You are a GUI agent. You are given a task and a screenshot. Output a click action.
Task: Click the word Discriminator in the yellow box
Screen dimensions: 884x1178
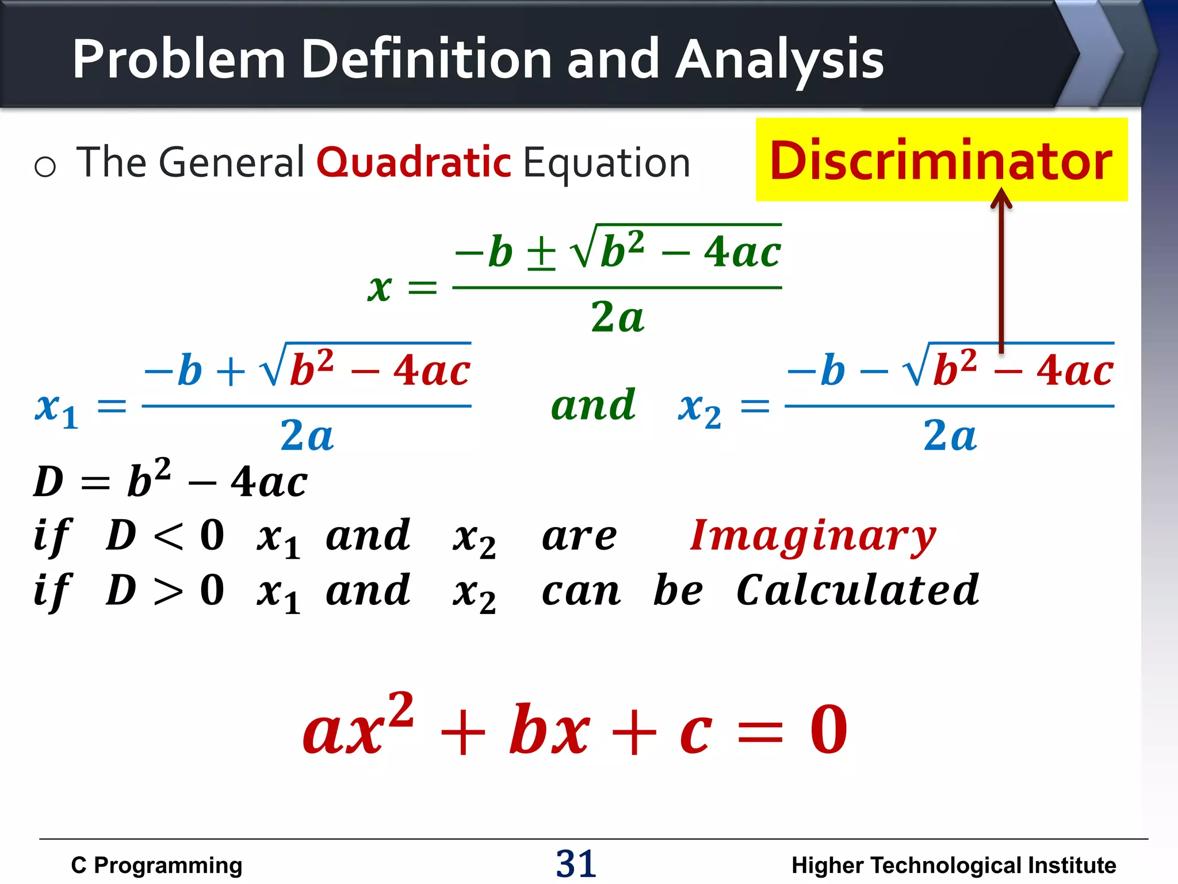pyautogui.click(x=941, y=161)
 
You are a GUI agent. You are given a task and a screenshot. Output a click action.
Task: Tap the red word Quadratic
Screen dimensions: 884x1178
pyautogui.click(x=414, y=163)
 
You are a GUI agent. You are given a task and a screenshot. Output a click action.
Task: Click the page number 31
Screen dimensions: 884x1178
pyautogui.click(x=576, y=863)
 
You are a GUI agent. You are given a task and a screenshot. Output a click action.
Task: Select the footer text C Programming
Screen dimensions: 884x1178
pyautogui.click(x=156, y=865)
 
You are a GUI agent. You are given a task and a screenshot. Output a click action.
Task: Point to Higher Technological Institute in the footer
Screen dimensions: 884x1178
pyautogui.click(x=953, y=865)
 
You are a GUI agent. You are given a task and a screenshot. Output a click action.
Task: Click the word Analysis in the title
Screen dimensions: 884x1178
pyautogui.click(x=779, y=59)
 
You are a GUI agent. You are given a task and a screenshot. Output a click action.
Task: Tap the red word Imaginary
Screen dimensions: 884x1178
pyautogui.click(x=813, y=536)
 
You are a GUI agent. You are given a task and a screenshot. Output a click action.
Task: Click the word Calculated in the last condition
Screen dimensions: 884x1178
pyautogui.click(x=857, y=590)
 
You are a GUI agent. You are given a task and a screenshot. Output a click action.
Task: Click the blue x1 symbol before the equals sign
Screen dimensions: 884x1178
pyautogui.click(x=56, y=408)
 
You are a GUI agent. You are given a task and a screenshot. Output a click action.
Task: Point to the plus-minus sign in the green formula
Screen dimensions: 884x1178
pyautogui.click(x=541, y=253)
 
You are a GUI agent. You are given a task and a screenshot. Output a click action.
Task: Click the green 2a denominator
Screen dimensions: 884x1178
pyautogui.click(x=617, y=317)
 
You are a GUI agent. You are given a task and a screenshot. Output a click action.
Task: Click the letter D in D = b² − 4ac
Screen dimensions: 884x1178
pyautogui.click(x=48, y=482)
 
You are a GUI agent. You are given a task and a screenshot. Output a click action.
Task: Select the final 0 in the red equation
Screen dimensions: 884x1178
pyautogui.click(x=828, y=730)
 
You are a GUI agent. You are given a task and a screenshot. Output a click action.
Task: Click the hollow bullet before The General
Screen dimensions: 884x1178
pyautogui.click(x=45, y=167)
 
